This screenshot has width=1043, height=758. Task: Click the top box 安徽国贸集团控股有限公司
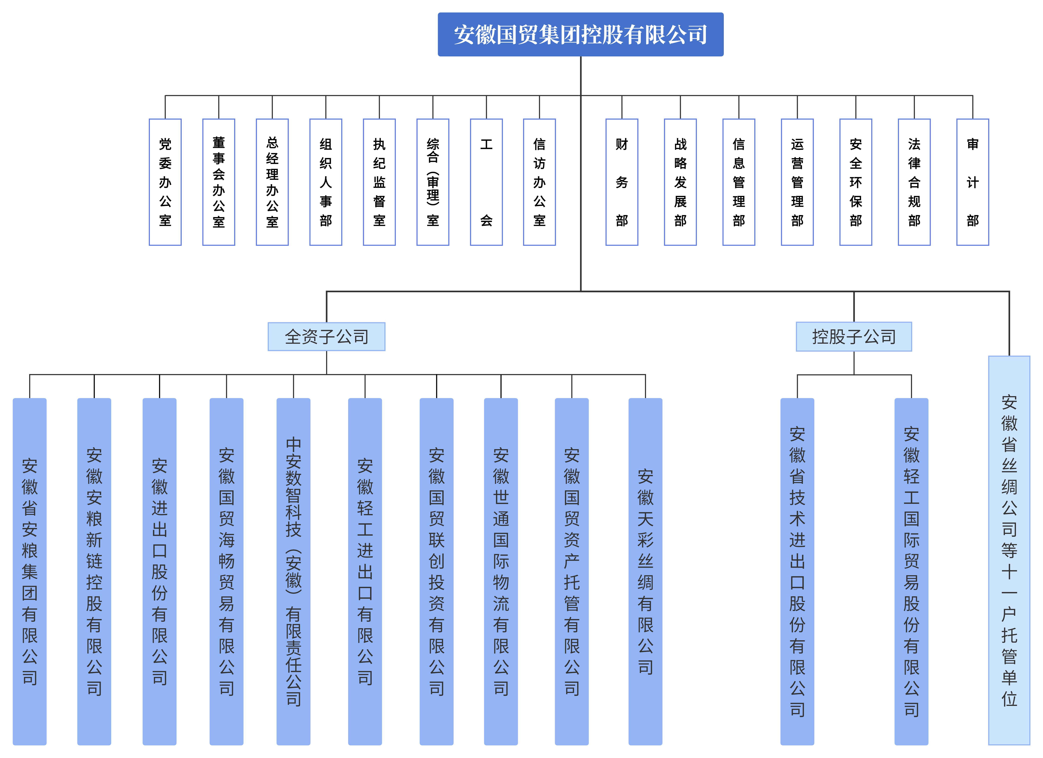[580, 34]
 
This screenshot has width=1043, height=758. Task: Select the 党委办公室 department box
[165, 182]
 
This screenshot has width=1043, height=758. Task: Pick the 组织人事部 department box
[326, 182]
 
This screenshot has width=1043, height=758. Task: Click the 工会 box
[486, 182]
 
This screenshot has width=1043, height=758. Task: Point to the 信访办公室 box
[539, 182]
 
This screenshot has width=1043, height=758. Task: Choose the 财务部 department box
[622, 182]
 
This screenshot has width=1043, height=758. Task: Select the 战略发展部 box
[680, 182]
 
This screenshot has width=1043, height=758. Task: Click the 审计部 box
[973, 182]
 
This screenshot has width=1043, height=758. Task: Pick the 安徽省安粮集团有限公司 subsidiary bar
[30, 571]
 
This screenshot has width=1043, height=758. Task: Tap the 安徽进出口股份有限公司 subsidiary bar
[160, 571]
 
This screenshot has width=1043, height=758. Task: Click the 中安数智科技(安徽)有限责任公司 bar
[293, 571]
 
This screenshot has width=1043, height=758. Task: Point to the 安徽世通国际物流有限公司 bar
[501, 571]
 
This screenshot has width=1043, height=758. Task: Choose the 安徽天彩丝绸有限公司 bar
[645, 571]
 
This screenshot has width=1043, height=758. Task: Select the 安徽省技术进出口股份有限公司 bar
[797, 571]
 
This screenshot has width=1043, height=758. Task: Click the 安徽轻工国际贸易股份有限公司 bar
[911, 571]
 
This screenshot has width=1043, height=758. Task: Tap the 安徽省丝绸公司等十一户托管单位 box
[1009, 550]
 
